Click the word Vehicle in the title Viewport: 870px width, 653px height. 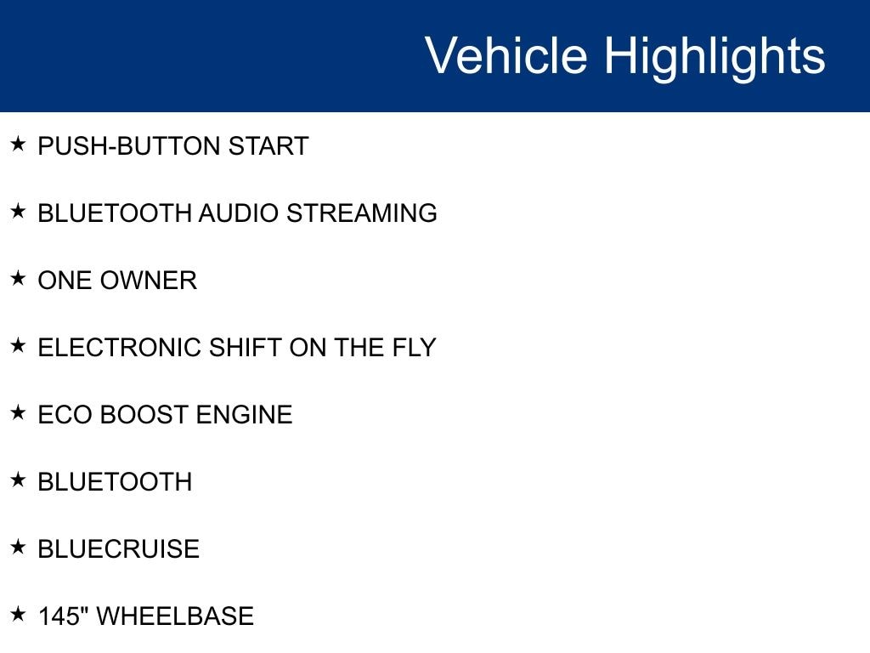[x=506, y=55]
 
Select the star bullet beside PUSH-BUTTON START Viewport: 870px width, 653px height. [x=18, y=144]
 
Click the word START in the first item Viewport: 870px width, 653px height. [x=268, y=146]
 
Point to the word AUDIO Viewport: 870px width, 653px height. [x=239, y=213]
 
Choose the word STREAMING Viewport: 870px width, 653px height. [x=362, y=213]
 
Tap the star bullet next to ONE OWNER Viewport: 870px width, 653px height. [x=18, y=278]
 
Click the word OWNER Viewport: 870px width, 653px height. [x=149, y=281]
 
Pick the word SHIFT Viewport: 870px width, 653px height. [x=246, y=348]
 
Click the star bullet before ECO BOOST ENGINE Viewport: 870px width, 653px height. [x=18, y=412]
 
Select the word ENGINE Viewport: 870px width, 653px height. [x=244, y=415]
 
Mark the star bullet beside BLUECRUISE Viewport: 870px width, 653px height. [x=18, y=547]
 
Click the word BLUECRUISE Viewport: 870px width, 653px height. [x=119, y=549]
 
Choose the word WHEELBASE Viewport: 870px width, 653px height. [x=175, y=616]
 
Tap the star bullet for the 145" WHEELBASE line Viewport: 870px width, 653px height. [x=18, y=614]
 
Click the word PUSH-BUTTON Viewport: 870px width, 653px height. [x=129, y=146]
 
